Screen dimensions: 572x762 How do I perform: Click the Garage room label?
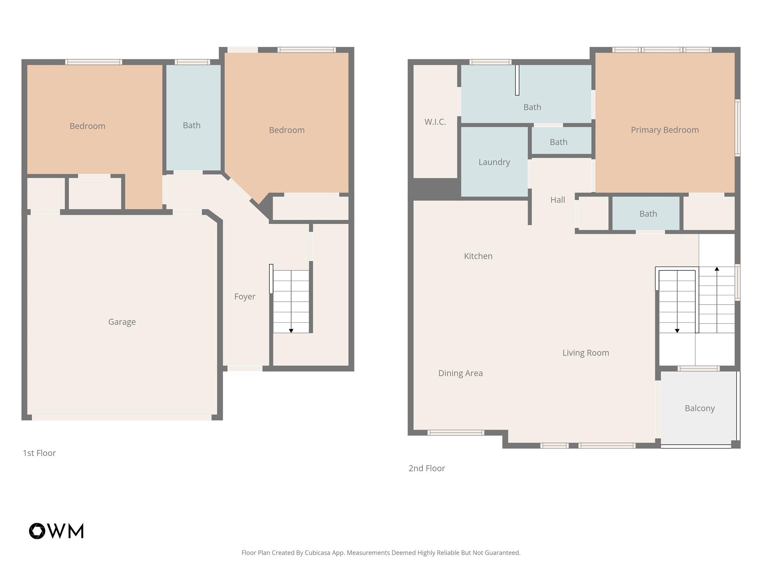pos(122,322)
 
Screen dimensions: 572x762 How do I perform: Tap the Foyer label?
pos(244,296)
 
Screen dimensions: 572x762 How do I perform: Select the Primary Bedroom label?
pos(665,130)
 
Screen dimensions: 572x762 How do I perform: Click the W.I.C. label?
pos(435,122)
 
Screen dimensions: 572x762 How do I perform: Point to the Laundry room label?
pos(494,162)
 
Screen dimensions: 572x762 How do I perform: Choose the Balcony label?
pos(699,408)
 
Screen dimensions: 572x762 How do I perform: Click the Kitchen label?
pos(478,256)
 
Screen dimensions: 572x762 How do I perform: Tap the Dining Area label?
pos(460,373)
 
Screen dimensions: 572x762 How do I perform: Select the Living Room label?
pos(585,353)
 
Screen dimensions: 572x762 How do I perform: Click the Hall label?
pos(557,200)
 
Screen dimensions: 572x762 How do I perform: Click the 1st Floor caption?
pos(39,453)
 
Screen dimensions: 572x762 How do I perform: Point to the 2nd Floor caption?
pos(426,468)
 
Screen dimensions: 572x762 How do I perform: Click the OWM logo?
pos(56,531)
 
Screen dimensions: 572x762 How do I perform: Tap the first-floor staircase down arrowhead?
pos(291,331)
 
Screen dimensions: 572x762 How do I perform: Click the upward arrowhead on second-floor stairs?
pos(717,268)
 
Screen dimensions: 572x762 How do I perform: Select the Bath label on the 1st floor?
pos(192,125)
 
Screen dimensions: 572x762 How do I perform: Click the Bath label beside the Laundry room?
pos(558,142)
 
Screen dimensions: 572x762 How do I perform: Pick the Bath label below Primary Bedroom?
pos(648,214)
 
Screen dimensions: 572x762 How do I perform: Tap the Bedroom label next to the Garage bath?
pos(87,126)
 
